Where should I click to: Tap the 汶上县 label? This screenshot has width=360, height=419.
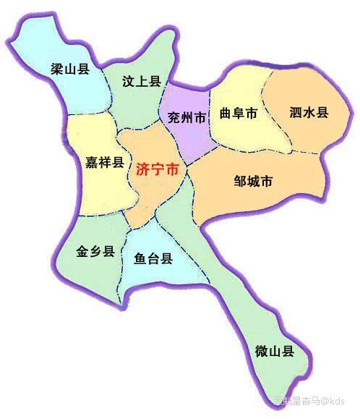click(140, 81)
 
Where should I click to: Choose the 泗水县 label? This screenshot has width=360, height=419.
click(309, 114)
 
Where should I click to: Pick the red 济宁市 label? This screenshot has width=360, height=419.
click(156, 171)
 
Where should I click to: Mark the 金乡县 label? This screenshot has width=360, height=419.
click(95, 252)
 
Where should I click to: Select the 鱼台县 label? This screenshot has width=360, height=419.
click(153, 259)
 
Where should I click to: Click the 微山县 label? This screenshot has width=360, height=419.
click(275, 352)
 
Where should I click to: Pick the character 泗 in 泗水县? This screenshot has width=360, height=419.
click(295, 114)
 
